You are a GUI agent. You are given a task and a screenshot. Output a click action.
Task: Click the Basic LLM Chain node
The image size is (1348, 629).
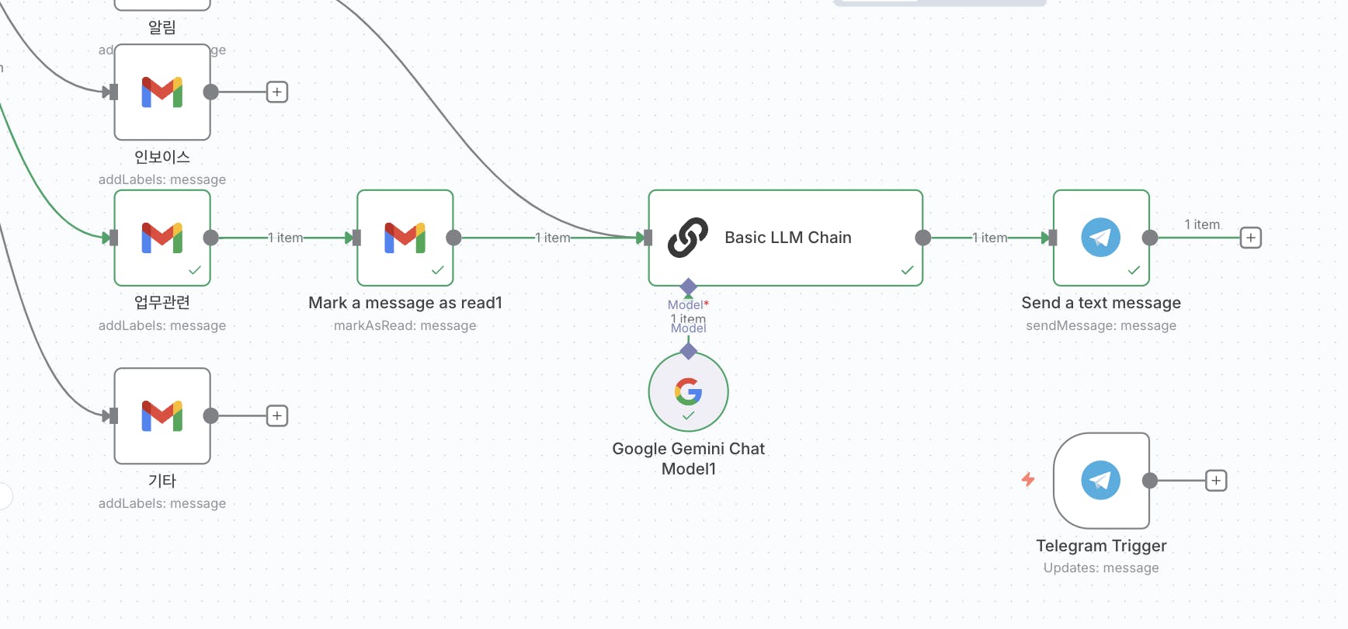785,238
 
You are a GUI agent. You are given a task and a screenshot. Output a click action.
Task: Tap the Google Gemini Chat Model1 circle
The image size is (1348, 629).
688,391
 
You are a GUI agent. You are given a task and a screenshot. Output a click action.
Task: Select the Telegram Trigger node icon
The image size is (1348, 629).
1100,481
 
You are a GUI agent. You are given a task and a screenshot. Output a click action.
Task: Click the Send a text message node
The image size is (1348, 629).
1100,238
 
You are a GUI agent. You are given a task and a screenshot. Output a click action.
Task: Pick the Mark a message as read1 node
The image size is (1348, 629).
405,238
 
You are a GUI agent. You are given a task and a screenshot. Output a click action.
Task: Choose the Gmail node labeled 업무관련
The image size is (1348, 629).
162,238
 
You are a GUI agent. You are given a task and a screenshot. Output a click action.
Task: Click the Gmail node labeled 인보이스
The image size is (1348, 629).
162,92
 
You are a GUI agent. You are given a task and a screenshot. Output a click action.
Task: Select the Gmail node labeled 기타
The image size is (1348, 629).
162,415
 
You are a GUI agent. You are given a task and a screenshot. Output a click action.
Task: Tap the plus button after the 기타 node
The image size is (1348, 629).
277,415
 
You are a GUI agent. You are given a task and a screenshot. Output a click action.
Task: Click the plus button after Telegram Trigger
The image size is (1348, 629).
1216,481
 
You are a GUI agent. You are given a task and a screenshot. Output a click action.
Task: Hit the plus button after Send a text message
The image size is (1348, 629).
1250,238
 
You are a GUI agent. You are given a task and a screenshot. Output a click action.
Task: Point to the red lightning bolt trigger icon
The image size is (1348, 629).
1028,480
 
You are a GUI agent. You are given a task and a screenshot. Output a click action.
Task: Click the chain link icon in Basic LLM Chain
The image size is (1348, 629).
688,238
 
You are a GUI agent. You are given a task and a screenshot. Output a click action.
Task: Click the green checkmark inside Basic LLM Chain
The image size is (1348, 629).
907,270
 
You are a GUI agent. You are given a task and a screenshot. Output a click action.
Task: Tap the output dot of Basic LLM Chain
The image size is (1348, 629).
922,238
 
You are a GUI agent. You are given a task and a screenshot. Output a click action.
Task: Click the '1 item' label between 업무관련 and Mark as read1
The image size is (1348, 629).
286,238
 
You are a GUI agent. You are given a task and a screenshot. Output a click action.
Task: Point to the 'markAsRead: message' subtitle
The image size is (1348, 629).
405,325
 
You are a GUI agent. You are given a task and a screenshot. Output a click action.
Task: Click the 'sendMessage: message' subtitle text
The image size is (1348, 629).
1100,325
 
